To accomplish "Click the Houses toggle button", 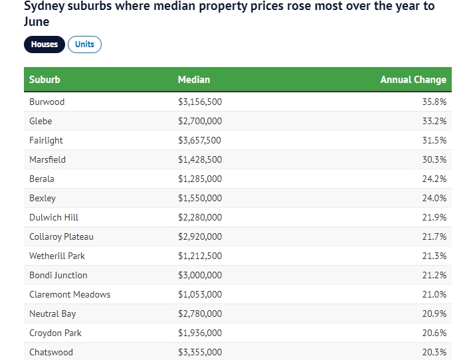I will click(x=45, y=45).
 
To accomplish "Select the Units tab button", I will click(x=84, y=45).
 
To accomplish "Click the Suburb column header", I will click(x=45, y=80).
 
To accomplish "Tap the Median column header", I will click(x=194, y=80).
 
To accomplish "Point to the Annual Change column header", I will click(x=413, y=80).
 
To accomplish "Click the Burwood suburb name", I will click(x=47, y=102).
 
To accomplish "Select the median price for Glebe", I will click(x=200, y=122).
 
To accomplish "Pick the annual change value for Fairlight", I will click(x=434, y=141).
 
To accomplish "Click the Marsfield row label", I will click(x=47, y=160).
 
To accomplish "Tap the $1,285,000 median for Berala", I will click(x=200, y=179).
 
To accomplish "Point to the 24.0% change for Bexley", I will click(x=434, y=199).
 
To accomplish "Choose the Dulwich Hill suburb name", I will click(x=54, y=218).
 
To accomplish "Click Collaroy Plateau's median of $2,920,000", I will click(x=200, y=237).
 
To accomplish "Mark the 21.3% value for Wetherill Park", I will click(x=434, y=256).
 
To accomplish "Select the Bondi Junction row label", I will click(x=58, y=276).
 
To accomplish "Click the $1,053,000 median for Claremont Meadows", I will click(x=200, y=295).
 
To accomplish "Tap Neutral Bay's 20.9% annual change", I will click(x=434, y=314).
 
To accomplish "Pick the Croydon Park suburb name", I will click(x=56, y=333).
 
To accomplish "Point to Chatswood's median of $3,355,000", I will click(x=200, y=353).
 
